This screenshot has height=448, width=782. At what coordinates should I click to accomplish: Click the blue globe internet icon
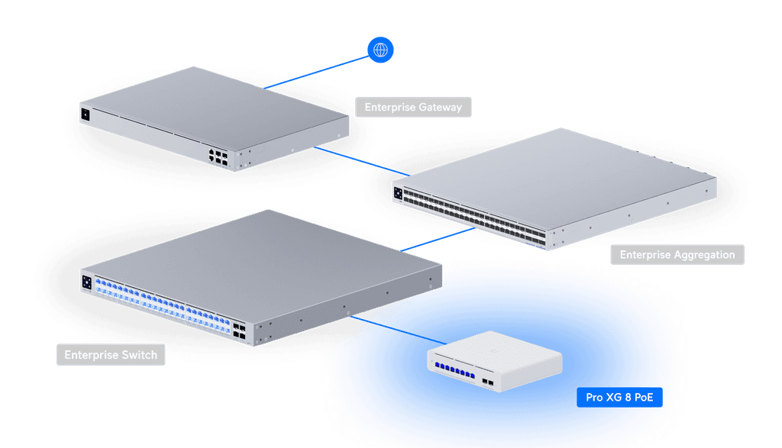pyautogui.click(x=381, y=50)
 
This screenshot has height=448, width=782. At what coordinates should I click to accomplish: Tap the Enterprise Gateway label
pyautogui.click(x=413, y=107)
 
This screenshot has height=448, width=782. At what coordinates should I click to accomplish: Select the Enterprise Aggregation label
pyautogui.click(x=677, y=255)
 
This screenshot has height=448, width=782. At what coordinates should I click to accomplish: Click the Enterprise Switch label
pyautogui.click(x=111, y=355)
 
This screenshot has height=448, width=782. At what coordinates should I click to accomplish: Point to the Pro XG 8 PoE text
pyautogui.click(x=619, y=397)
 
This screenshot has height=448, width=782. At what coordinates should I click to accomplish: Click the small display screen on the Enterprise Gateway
pyautogui.click(x=86, y=115)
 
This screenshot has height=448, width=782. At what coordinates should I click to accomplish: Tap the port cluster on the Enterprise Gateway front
pyautogui.click(x=217, y=156)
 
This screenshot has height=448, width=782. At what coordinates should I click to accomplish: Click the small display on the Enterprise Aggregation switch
pyautogui.click(x=398, y=193)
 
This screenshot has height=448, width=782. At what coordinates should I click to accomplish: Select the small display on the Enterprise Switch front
pyautogui.click(x=87, y=282)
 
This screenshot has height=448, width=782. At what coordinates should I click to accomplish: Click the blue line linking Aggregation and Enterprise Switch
pyautogui.click(x=435, y=238)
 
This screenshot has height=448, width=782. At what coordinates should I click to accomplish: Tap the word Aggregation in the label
pyautogui.click(x=698, y=255)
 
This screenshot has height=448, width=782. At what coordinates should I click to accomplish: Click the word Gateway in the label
pyautogui.click(x=439, y=107)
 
